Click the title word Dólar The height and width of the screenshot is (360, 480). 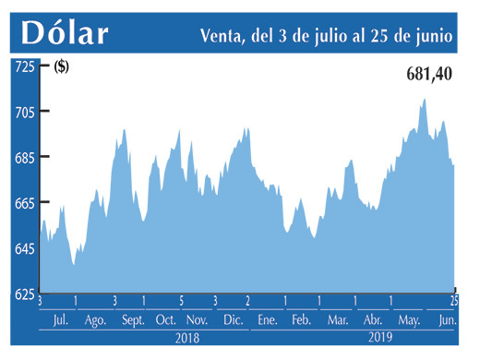tap(65, 33)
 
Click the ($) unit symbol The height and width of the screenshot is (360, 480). tap(63, 66)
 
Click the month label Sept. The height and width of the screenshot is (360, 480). tap(132, 319)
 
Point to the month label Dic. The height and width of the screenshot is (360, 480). tap(233, 319)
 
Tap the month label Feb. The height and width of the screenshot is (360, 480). tap(300, 319)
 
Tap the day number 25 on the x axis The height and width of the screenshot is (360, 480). tap(454, 301)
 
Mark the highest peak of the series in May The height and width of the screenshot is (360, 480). tap(425, 99)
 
